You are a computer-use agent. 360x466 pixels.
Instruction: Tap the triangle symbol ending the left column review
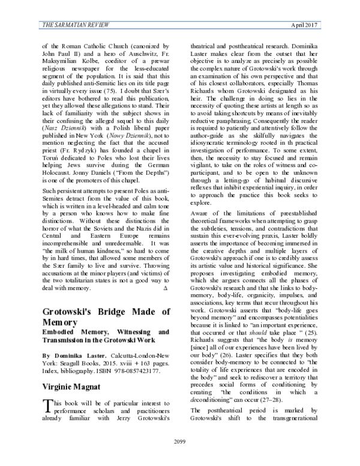click(165, 289)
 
